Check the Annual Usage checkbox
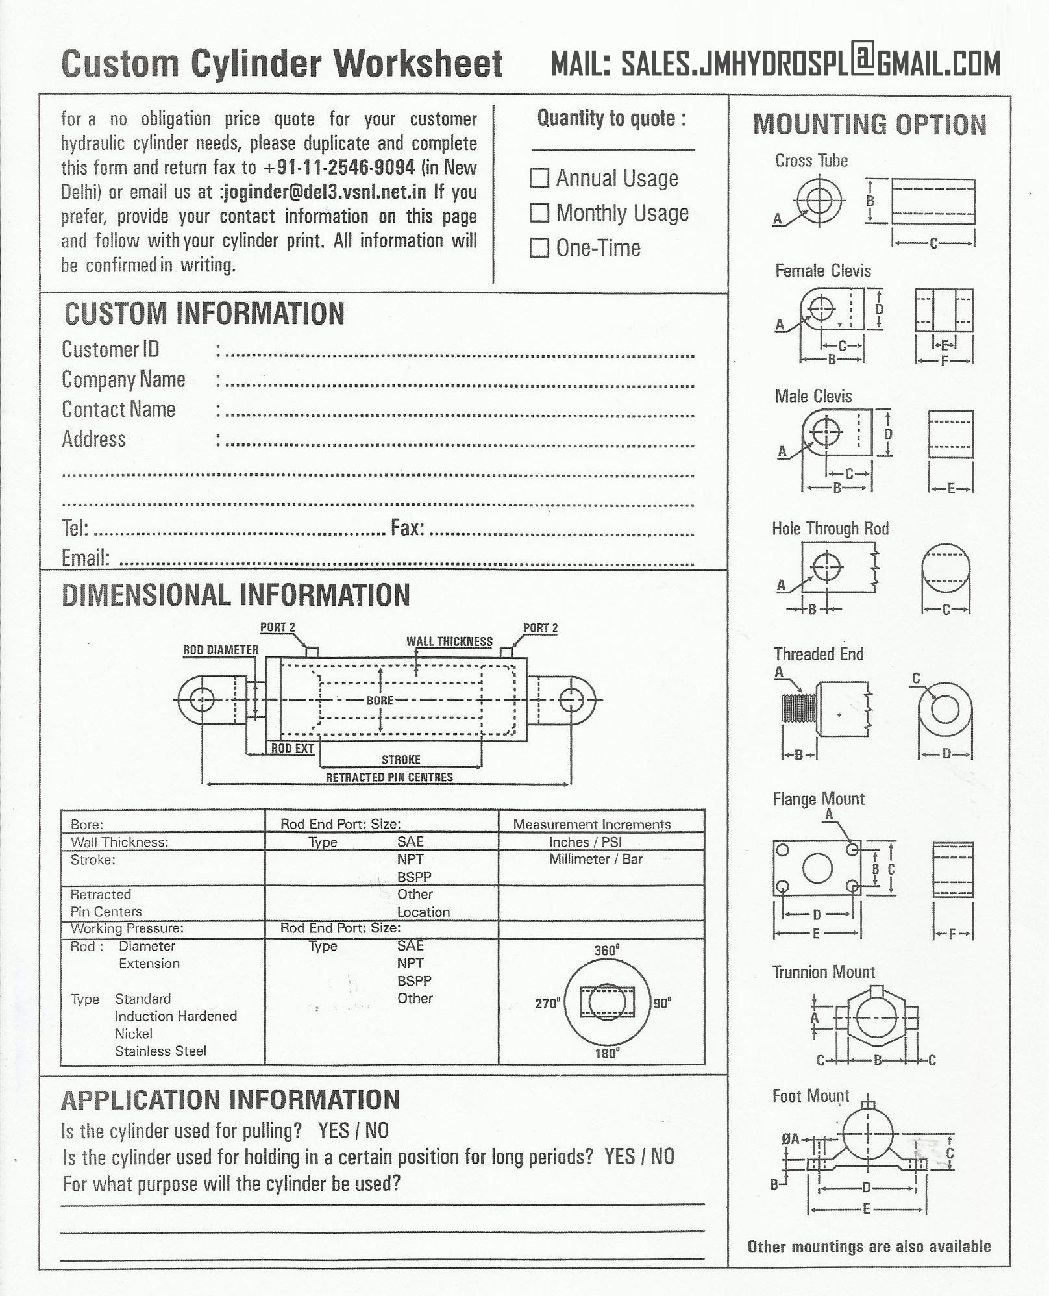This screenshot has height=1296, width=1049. click(539, 178)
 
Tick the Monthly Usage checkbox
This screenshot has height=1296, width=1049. click(539, 213)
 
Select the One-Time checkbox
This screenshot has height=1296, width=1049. click(539, 248)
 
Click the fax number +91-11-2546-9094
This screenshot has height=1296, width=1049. click(339, 168)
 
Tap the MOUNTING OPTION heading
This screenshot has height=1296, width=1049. click(869, 125)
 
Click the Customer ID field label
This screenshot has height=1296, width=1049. click(110, 349)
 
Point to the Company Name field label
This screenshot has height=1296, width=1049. click(123, 379)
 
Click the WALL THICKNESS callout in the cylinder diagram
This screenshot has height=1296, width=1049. click(449, 642)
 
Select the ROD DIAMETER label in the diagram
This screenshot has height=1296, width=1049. click(221, 649)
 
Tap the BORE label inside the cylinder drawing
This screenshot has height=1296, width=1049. click(380, 701)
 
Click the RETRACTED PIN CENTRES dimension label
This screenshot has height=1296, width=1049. click(389, 777)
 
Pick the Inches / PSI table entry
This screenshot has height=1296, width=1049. click(585, 842)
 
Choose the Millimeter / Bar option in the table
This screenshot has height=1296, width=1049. click(595, 859)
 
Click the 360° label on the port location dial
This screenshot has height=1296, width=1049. click(606, 951)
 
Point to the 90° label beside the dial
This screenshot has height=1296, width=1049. click(662, 1003)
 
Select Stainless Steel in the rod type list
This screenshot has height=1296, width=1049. click(160, 1051)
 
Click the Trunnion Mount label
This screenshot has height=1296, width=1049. click(823, 972)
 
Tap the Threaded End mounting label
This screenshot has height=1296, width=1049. click(818, 654)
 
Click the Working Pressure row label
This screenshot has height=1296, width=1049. click(127, 928)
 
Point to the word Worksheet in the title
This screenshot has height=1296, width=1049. click(418, 64)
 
